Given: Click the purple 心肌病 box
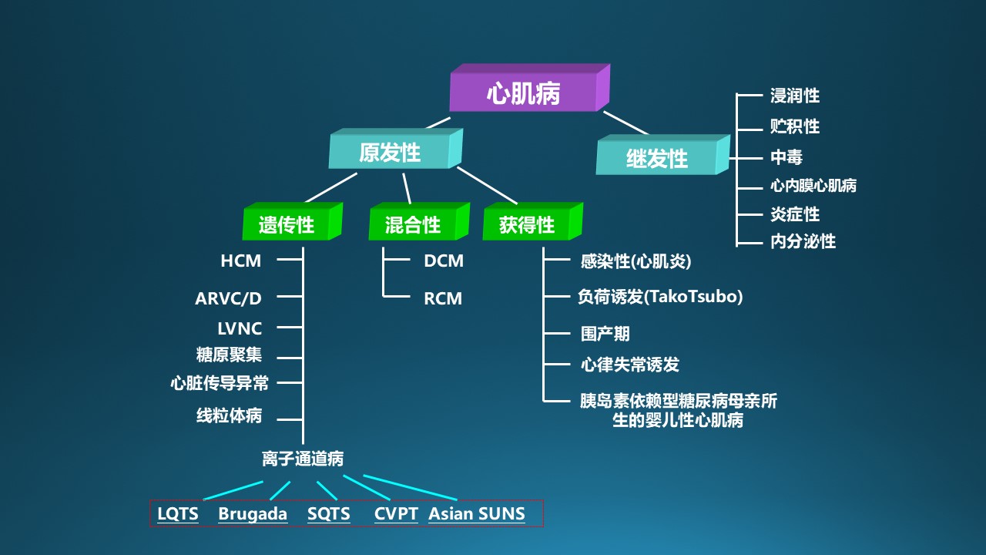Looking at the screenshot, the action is pyautogui.click(x=529, y=88).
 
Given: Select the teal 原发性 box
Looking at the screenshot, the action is pyautogui.click(x=395, y=149).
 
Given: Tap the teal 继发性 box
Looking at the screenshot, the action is pyautogui.click(x=663, y=155).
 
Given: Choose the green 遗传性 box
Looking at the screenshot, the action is pyautogui.click(x=292, y=221).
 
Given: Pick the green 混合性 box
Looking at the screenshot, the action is pyautogui.click(x=419, y=221).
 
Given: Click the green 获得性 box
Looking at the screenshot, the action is pyautogui.click(x=532, y=221).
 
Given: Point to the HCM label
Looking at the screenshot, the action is pyautogui.click(x=241, y=261).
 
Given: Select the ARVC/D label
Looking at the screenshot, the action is pyautogui.click(x=228, y=298).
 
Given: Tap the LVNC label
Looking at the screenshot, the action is pyautogui.click(x=240, y=328).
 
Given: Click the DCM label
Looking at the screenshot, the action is pyautogui.click(x=444, y=261).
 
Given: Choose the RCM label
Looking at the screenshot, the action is pyautogui.click(x=443, y=298).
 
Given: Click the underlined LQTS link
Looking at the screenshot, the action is pyautogui.click(x=178, y=514).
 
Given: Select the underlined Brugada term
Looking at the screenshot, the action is pyautogui.click(x=253, y=514).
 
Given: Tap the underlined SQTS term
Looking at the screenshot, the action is pyautogui.click(x=329, y=514).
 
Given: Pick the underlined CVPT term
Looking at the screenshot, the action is pyautogui.click(x=396, y=514).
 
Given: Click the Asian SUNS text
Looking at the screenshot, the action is pyautogui.click(x=477, y=514).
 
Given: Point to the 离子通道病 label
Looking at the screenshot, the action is pyautogui.click(x=303, y=459).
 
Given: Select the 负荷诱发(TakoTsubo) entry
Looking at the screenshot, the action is pyautogui.click(x=660, y=297).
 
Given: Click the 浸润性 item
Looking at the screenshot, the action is pyautogui.click(x=795, y=96).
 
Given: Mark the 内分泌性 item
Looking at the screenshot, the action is pyautogui.click(x=803, y=241).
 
